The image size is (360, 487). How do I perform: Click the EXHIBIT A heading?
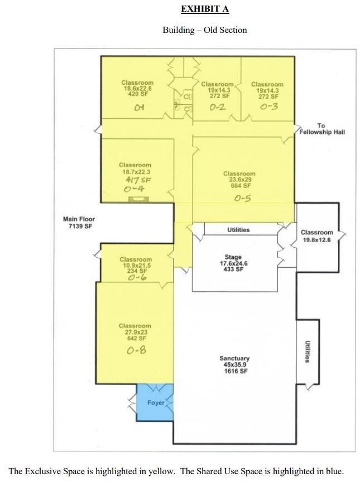tap(205, 9)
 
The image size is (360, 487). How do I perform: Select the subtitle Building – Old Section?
tap(205, 30)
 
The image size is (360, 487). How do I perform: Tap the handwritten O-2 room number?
tap(217, 108)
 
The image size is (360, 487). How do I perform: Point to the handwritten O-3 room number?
tap(269, 107)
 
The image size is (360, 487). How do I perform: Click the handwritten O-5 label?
tap(242, 198)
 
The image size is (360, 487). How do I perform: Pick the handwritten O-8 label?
tap(136, 350)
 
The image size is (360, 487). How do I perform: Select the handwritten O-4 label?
tap(134, 189)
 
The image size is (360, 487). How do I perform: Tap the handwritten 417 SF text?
tap(138, 180)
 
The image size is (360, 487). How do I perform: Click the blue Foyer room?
tap(155, 403)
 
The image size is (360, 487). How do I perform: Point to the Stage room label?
tap(233, 263)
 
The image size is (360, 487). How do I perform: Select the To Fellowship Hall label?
tap(322, 129)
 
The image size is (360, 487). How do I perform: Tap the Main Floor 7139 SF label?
tap(79, 223)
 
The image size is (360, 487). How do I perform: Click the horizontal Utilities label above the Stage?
tap(238, 230)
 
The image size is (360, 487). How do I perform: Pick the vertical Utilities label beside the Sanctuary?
tap(307, 351)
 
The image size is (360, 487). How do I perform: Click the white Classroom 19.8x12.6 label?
tap(317, 236)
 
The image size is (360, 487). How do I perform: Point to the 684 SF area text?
tap(241, 185)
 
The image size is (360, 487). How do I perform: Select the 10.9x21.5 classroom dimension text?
tap(136, 265)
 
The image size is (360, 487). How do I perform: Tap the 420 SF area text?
tap(138, 94)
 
